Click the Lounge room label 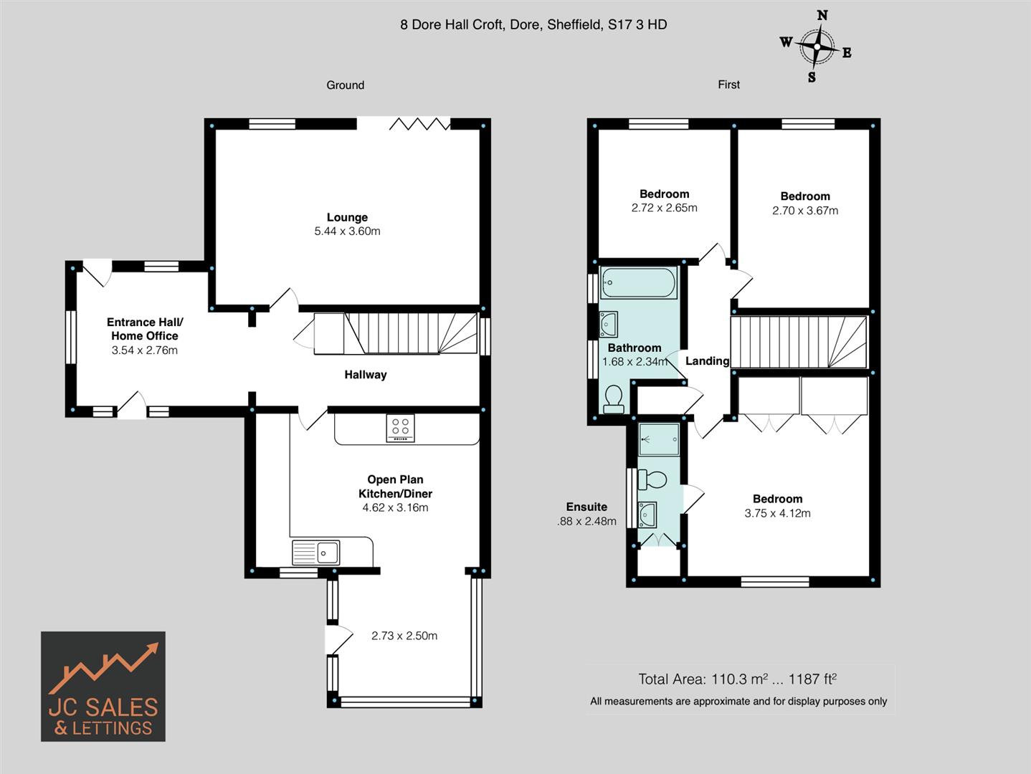pos(347,217)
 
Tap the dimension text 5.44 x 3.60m pos(347,231)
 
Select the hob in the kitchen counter pos(400,429)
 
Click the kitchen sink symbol pos(316,553)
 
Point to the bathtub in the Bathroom pos(638,283)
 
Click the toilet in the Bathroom pos(614,400)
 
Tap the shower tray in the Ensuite pos(659,439)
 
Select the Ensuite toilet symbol pos(652,479)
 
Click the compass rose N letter pos(822,15)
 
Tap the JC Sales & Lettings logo pos(103,686)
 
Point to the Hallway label pos(365,375)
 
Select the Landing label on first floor pos(707,361)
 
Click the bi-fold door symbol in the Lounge pos(419,125)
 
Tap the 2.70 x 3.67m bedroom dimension pos(805,211)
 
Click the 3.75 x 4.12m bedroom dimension pos(777,513)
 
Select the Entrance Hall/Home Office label pos(145,329)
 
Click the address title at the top pos(533,24)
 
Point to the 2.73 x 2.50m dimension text pos(404,636)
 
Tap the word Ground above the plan pos(346,85)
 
